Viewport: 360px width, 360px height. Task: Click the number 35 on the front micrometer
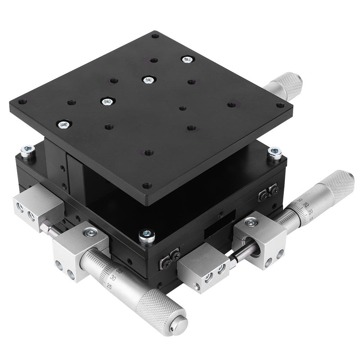tap(119, 272)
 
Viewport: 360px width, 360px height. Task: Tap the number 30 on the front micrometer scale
tap(113, 278)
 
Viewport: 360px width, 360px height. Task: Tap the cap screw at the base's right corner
tap(275, 153)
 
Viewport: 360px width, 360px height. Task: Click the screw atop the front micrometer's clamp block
tap(90, 232)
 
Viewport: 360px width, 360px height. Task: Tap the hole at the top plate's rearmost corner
tap(155, 36)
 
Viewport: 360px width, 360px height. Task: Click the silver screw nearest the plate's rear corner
tap(188, 59)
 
